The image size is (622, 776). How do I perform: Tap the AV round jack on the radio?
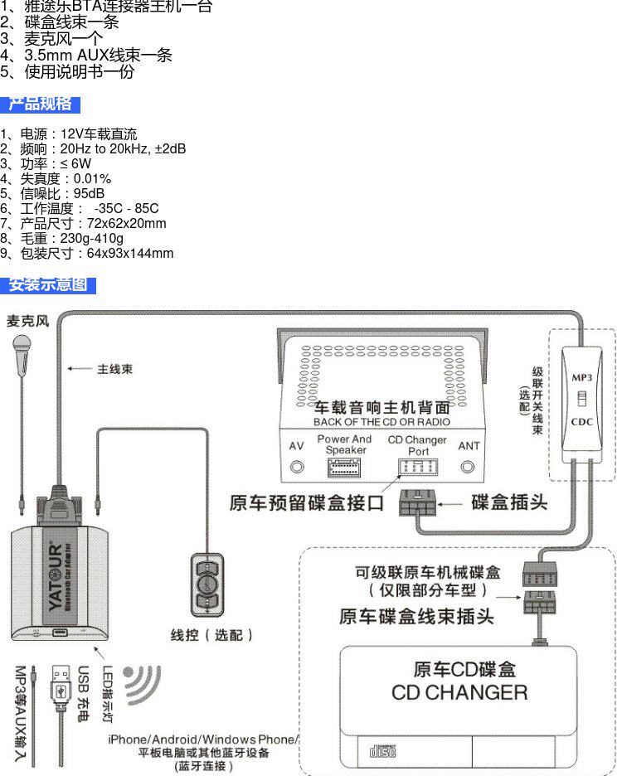click(x=297, y=467)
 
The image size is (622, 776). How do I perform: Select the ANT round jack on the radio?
click(x=467, y=467)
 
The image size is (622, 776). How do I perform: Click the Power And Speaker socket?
click(x=344, y=468)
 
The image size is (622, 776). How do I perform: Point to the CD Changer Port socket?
click(x=418, y=467)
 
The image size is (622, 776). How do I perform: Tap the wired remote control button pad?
click(x=207, y=584)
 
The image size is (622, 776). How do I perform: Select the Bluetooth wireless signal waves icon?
click(x=142, y=685)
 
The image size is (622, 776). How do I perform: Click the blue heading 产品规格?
click(x=40, y=104)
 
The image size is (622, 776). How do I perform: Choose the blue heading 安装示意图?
click(x=47, y=285)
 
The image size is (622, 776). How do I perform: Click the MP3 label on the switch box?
click(x=582, y=377)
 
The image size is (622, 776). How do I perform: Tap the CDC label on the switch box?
click(x=582, y=422)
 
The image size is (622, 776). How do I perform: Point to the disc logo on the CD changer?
click(x=383, y=751)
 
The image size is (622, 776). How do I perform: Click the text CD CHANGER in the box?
click(x=459, y=692)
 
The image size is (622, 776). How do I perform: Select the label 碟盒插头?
click(x=509, y=502)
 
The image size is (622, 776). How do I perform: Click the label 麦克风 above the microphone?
click(x=27, y=321)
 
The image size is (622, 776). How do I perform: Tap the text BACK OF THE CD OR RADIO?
click(x=381, y=422)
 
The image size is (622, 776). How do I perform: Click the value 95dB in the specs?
click(x=89, y=193)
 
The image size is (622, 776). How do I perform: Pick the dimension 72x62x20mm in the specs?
click(x=127, y=223)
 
